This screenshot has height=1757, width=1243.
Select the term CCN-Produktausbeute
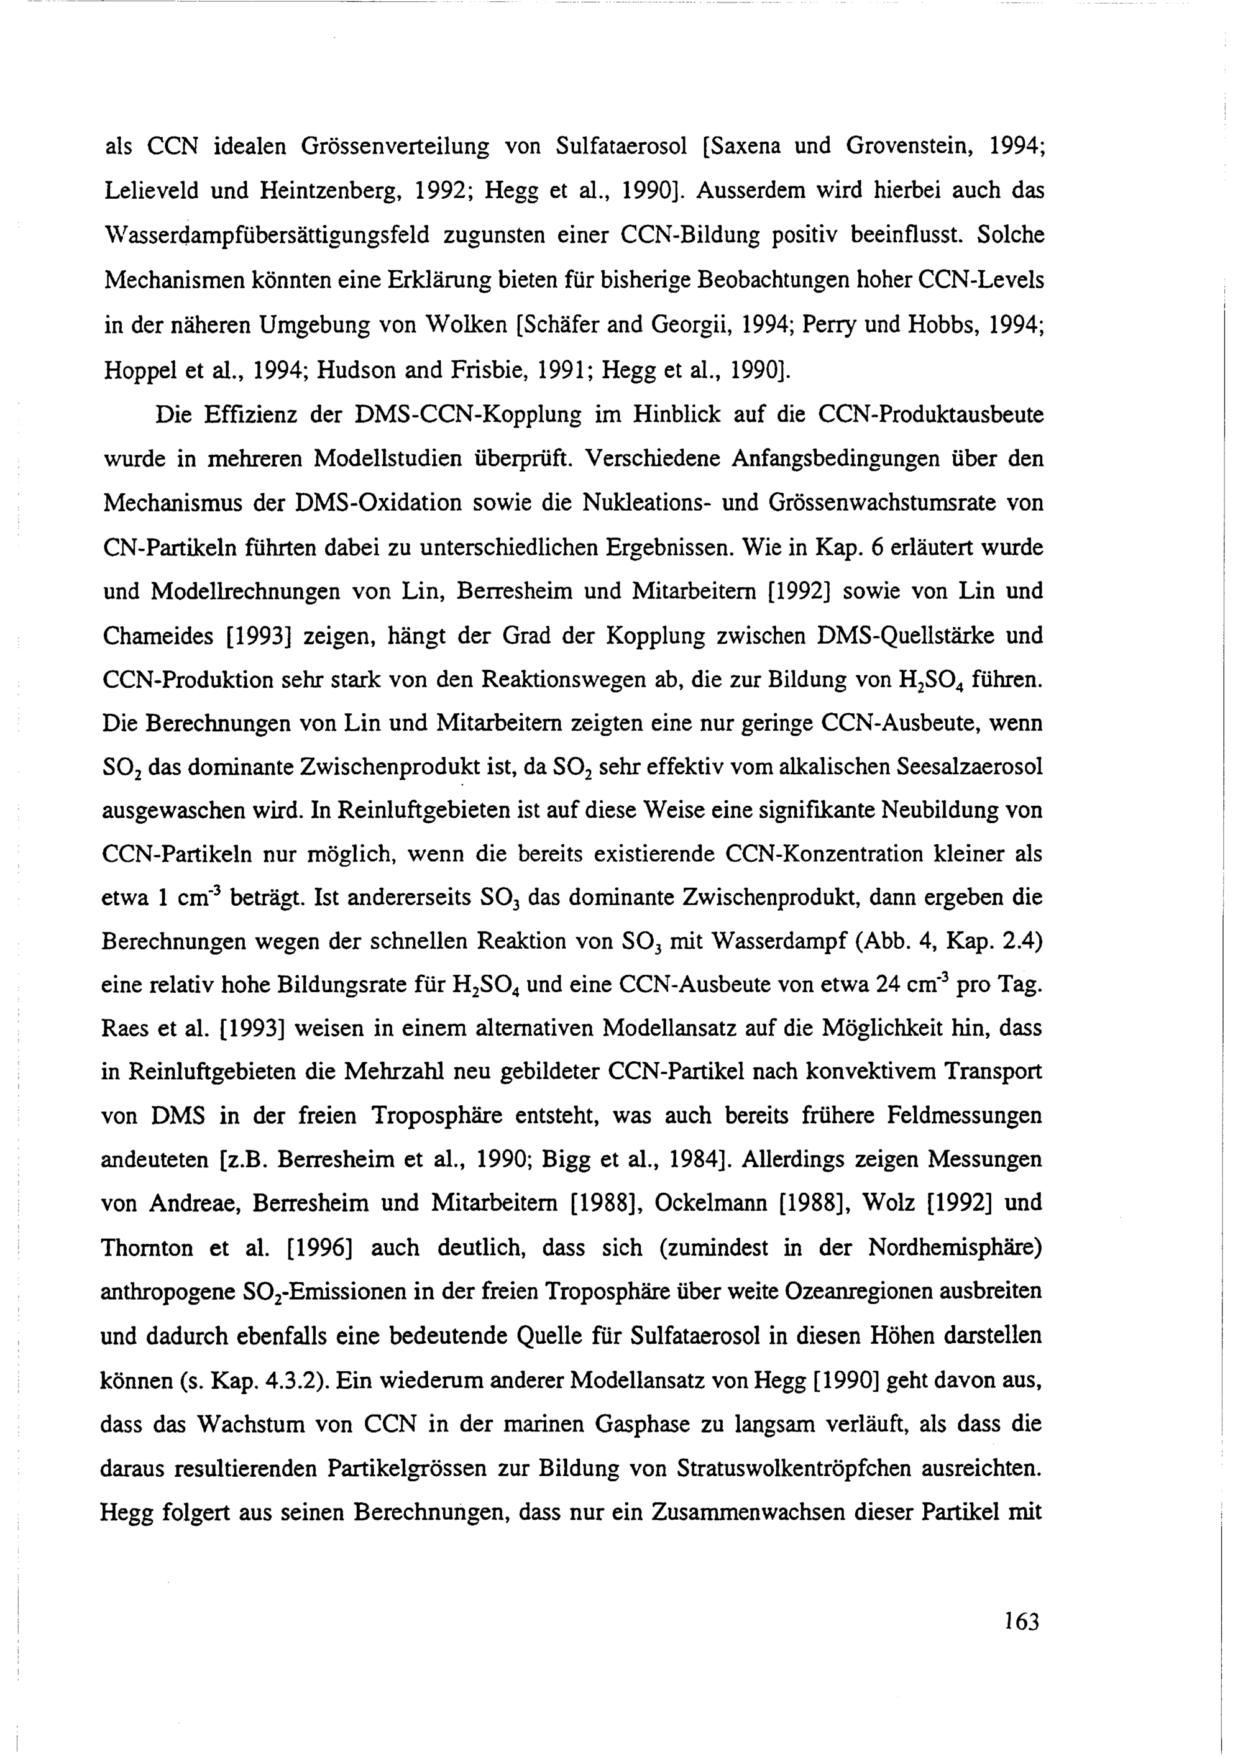pyautogui.click(x=931, y=415)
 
